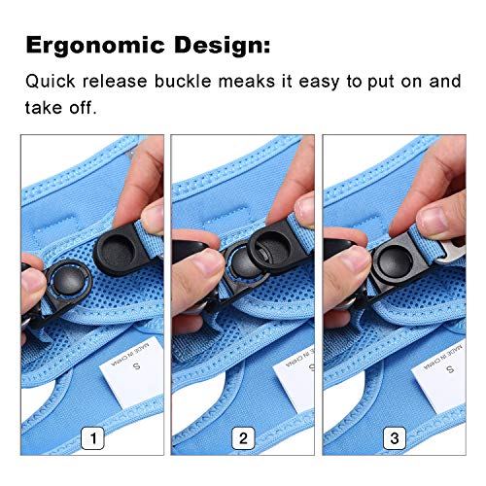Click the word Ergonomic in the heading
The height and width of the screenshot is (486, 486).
tap(95, 46)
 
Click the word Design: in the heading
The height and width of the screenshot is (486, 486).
tap(223, 46)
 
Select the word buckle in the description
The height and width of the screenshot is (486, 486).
tap(183, 81)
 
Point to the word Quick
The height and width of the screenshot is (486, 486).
tap(51, 82)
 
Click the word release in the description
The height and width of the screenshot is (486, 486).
tap(115, 81)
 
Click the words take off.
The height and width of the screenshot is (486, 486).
tap(61, 107)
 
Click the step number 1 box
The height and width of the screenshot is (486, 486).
tap(92, 438)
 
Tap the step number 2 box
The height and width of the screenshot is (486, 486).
tap(243, 438)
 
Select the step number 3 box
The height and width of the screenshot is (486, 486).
tap(395, 438)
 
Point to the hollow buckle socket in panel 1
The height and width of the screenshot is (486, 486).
tap(120, 250)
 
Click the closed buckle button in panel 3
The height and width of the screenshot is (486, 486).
tap(396, 260)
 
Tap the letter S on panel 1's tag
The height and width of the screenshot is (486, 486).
tap(137, 366)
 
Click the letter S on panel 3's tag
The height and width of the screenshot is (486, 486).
tap(450, 369)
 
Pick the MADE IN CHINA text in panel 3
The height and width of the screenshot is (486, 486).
tap(443, 357)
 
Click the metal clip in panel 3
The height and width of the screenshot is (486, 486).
tap(451, 251)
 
